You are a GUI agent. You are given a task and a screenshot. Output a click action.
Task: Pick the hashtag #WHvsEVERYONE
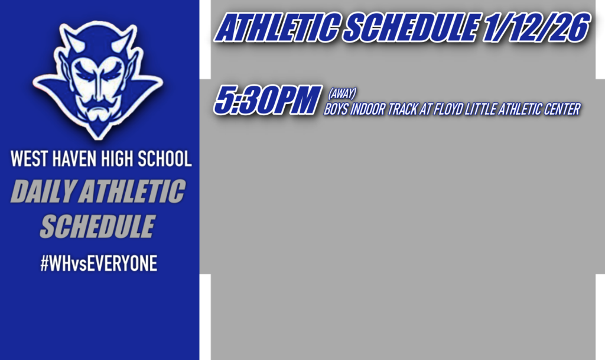[x=98, y=264]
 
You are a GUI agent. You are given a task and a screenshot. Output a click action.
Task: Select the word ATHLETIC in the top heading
[x=275, y=28]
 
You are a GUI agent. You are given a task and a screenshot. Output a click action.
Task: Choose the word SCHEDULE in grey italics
[x=97, y=226]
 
